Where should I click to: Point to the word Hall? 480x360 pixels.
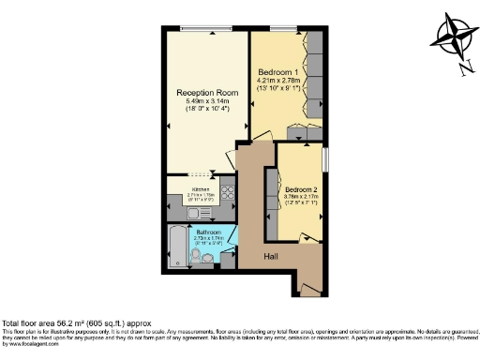270,255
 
